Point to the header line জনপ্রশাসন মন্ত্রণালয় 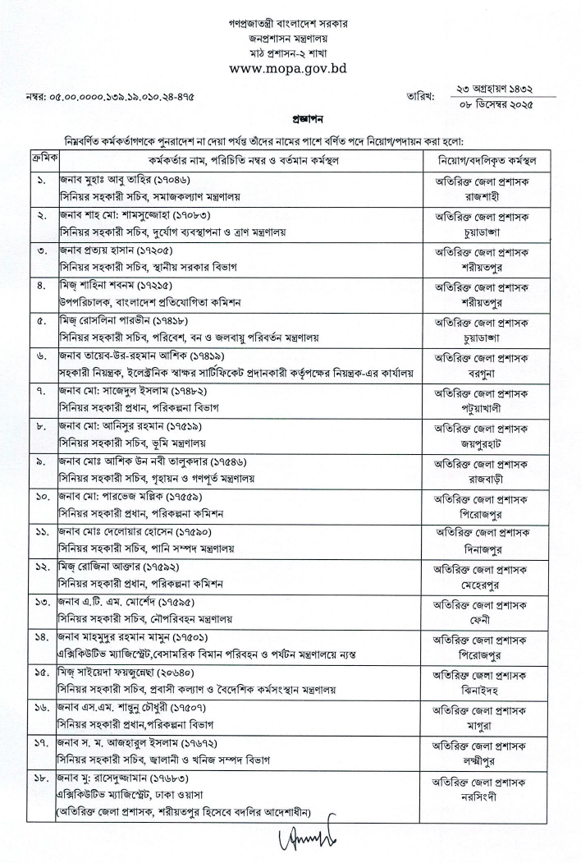288,38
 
